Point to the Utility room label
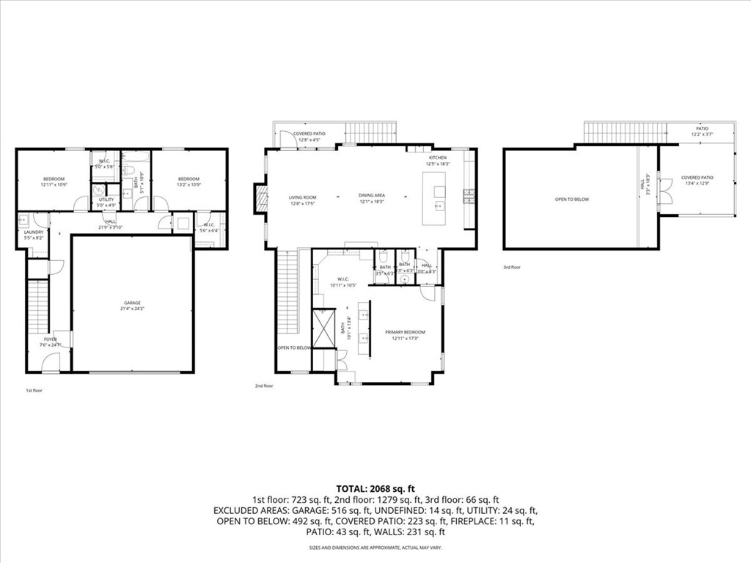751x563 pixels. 106,202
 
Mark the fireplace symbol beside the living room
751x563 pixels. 261,198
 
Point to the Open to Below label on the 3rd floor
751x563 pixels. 571,199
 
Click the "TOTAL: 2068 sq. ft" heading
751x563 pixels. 375,488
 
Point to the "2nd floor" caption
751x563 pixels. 264,386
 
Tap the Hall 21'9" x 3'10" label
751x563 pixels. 110,224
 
